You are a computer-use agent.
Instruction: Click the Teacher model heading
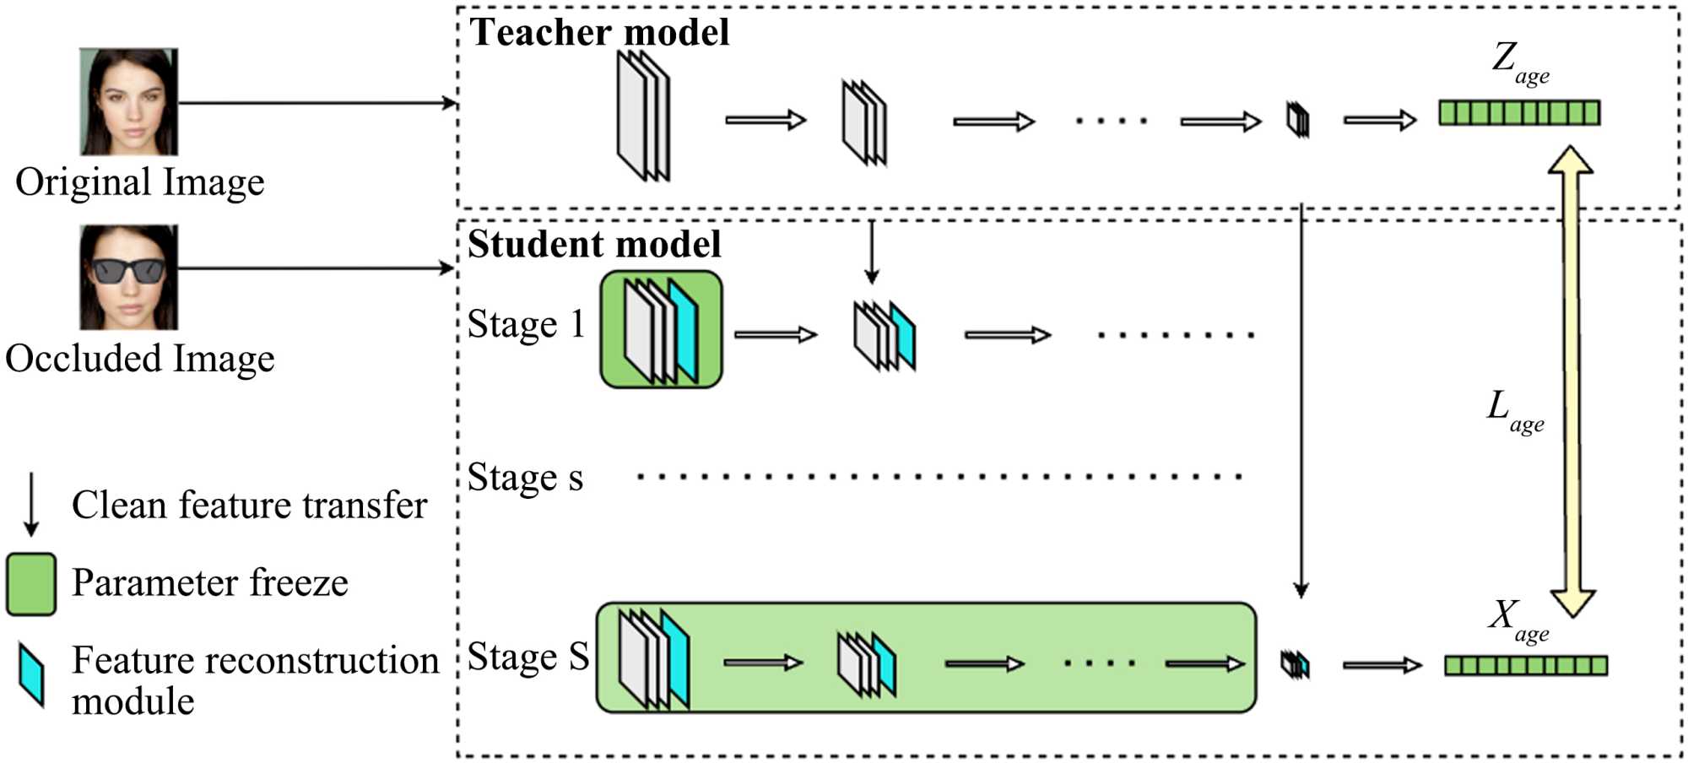point(598,33)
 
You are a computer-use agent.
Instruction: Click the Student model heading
point(594,245)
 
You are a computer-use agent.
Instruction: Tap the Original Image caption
point(140,182)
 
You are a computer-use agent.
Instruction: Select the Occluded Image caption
point(140,359)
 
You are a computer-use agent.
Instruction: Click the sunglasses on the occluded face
point(128,271)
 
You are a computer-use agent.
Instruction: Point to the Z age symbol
point(1518,62)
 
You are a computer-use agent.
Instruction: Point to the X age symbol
point(1517,620)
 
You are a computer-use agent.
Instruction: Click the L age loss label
point(1514,411)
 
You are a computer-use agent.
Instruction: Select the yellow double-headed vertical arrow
point(1571,380)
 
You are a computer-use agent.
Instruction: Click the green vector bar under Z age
point(1519,112)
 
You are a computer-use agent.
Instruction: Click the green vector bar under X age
point(1525,666)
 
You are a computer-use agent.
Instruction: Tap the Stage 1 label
point(526,325)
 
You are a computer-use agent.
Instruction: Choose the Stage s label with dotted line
point(525,478)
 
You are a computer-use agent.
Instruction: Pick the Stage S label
point(527,657)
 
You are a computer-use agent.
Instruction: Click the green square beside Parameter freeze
point(31,583)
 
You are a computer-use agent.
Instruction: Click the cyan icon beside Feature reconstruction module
point(31,674)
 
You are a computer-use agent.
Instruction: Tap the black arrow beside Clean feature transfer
point(31,504)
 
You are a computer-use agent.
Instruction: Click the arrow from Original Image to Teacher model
point(316,103)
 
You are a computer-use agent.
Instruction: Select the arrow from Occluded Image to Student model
point(316,268)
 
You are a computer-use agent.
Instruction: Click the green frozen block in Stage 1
point(662,329)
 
